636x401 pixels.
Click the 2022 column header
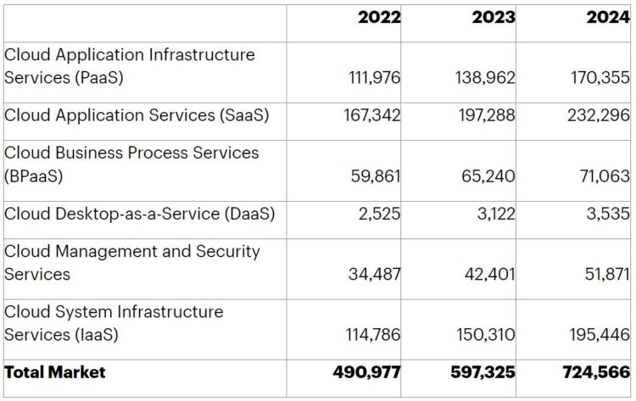click(379, 18)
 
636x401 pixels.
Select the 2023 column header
click(493, 18)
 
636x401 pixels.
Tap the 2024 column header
click(608, 18)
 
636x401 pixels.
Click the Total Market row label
click(55, 372)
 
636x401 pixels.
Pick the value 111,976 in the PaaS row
click(374, 78)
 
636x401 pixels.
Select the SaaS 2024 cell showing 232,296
click(599, 115)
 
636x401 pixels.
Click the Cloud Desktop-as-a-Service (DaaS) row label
click(140, 214)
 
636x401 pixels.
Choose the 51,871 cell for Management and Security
click(606, 275)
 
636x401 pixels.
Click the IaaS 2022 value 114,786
click(374, 335)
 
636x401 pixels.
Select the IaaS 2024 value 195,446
click(599, 335)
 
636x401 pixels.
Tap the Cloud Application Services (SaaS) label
click(137, 115)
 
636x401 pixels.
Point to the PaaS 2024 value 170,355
click(600, 78)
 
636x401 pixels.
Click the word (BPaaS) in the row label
click(34, 176)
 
